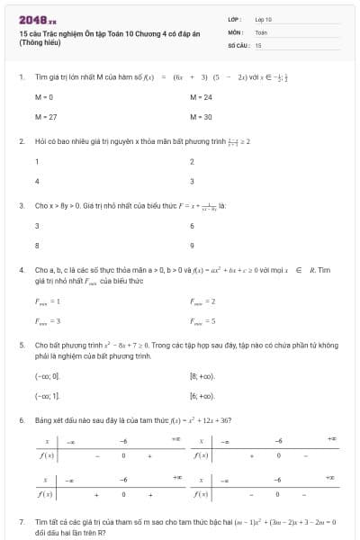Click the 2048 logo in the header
pyautogui.click(x=37, y=18)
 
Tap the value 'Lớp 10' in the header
pyautogui.click(x=263, y=18)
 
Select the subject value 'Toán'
pyautogui.click(x=261, y=31)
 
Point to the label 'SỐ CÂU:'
pyautogui.click(x=238, y=44)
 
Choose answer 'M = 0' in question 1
pyautogui.click(x=44, y=96)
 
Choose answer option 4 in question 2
pyautogui.click(x=37, y=181)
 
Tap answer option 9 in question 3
pyautogui.click(x=192, y=244)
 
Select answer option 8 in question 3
pyautogui.click(x=37, y=244)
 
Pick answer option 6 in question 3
pyautogui.click(x=192, y=225)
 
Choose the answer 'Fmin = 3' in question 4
pyautogui.click(x=47, y=320)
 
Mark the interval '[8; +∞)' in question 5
pyautogui.click(x=201, y=375)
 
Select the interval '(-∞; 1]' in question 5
pyautogui.click(x=47, y=395)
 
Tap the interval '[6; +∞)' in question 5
pyautogui.click(x=201, y=395)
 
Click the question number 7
pyautogui.click(x=21, y=521)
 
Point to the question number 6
pyautogui.click(x=21, y=419)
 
